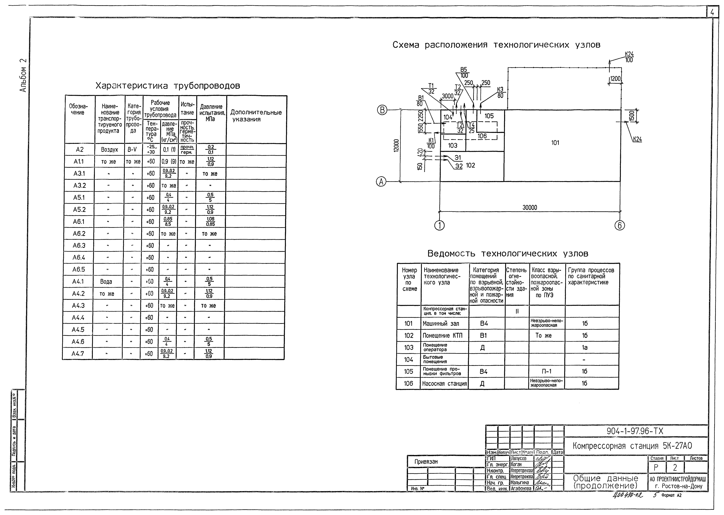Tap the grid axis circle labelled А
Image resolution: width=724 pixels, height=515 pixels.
pyautogui.click(x=381, y=182)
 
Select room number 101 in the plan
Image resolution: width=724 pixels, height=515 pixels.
pyautogui.click(x=555, y=143)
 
